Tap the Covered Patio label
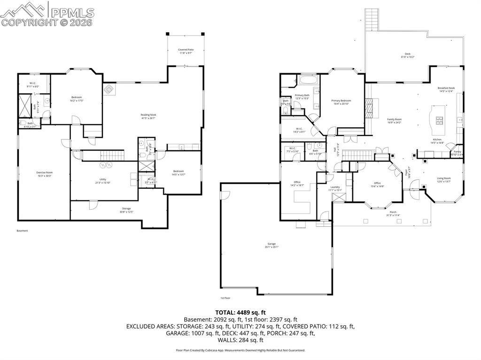(186, 51)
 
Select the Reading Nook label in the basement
(148, 116)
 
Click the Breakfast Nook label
(446, 89)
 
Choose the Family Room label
(394, 121)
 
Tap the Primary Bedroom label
(341, 102)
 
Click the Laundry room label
(335, 188)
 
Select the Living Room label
(443, 179)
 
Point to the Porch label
(393, 214)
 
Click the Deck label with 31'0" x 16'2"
(407, 55)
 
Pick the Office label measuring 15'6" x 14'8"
(377, 184)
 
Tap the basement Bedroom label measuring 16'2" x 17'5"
(77, 99)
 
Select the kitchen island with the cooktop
(438, 121)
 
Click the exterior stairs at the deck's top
(372, 20)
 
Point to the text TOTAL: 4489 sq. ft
(240, 312)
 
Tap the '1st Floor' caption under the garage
(226, 298)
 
